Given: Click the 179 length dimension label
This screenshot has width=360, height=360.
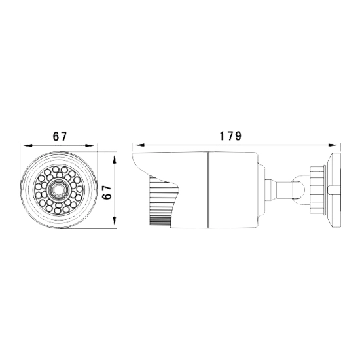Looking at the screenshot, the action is click(x=230, y=135).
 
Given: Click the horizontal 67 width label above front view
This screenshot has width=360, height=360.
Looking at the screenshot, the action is click(x=60, y=136).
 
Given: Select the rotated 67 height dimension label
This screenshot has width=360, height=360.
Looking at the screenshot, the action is click(x=107, y=192).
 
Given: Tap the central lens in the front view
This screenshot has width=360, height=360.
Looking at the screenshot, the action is click(x=58, y=189).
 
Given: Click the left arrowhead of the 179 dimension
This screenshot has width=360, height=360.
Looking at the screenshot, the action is click(x=139, y=145).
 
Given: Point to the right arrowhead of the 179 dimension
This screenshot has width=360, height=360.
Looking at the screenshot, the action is click(x=333, y=145).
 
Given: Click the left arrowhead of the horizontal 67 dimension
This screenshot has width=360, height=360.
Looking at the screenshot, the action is click(x=27, y=145).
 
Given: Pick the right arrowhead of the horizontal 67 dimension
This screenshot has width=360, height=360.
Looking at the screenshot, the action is click(x=89, y=145).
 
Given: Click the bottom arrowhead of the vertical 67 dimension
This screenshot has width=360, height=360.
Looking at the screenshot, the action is click(x=115, y=221).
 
